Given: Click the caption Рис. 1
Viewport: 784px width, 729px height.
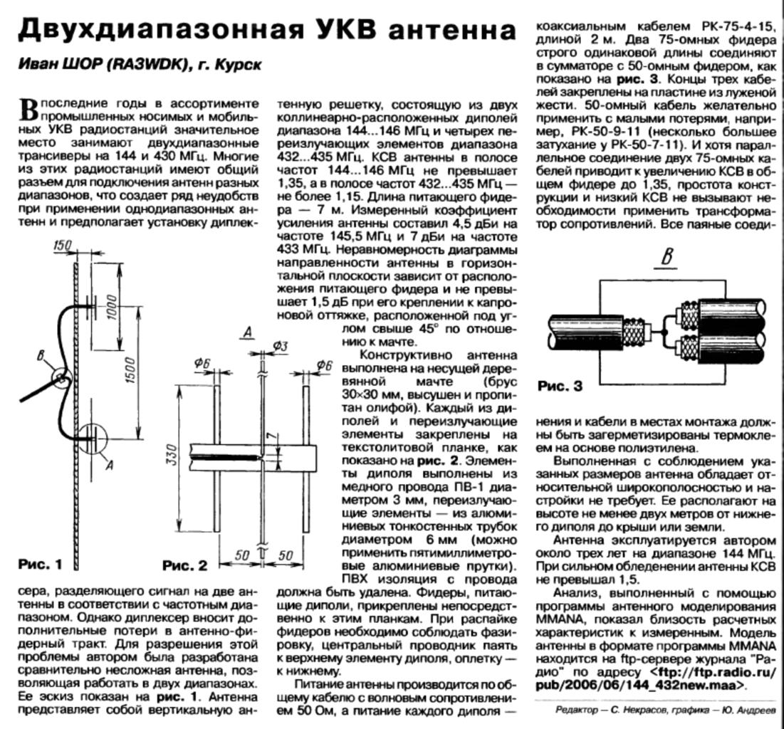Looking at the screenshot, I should (40, 565).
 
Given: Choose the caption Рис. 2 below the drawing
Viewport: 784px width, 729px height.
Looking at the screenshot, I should (184, 566).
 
